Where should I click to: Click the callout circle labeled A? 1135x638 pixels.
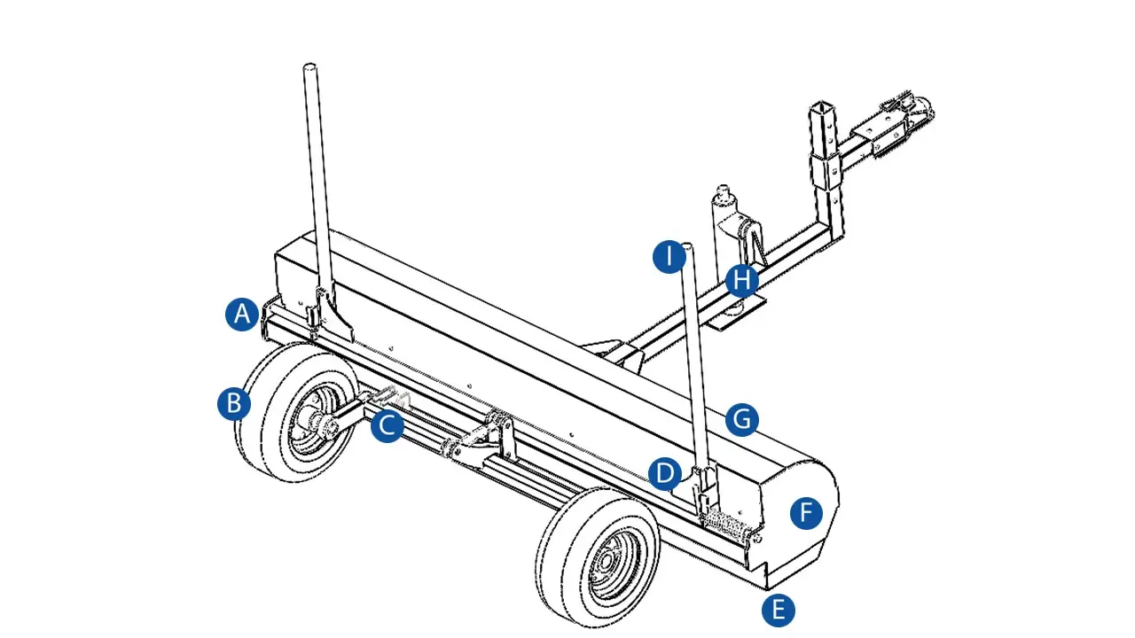click(x=242, y=315)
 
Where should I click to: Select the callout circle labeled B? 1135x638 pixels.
click(x=234, y=403)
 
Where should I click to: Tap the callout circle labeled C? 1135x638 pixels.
click(x=387, y=425)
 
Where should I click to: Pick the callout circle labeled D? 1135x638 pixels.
click(x=665, y=473)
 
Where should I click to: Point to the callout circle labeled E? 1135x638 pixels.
click(x=779, y=611)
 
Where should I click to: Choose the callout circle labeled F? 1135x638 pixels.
click(x=806, y=512)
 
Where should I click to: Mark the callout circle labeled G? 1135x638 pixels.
click(x=742, y=420)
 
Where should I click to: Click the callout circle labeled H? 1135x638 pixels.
click(x=742, y=281)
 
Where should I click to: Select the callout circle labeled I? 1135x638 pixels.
click(x=669, y=257)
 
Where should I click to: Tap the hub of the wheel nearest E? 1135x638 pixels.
click(x=607, y=563)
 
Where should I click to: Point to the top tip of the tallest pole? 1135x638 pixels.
click(x=309, y=66)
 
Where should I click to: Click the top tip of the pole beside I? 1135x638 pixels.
click(x=686, y=246)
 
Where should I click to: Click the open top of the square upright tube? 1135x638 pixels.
click(x=821, y=107)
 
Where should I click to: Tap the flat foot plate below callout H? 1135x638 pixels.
click(x=738, y=314)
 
